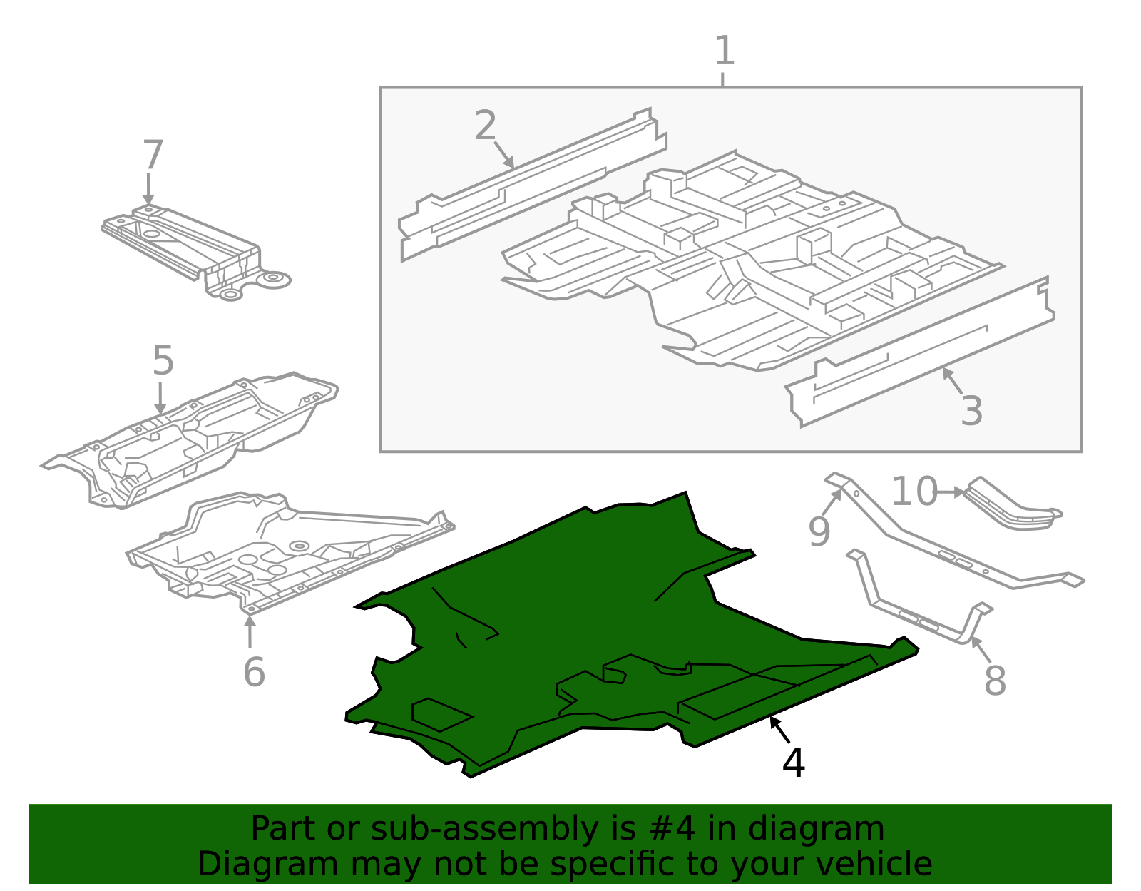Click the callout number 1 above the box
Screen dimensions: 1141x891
coord(724,51)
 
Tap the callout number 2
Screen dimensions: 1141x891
coord(485,125)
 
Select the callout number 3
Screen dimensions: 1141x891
coord(971,411)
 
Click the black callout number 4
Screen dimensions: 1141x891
coord(794,763)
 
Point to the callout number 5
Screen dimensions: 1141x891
coord(163,360)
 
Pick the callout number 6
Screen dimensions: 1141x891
coord(254,671)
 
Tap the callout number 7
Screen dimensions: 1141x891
coord(153,154)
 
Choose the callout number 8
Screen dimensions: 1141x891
coord(995,681)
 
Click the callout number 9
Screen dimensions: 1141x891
coord(819,531)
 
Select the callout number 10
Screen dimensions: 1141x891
coord(914,492)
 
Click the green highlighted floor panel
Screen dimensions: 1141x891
coord(604,630)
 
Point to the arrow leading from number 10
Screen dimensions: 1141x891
coord(951,492)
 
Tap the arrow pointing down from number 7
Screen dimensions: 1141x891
coord(148,188)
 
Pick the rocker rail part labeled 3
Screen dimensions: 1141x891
coord(920,352)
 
